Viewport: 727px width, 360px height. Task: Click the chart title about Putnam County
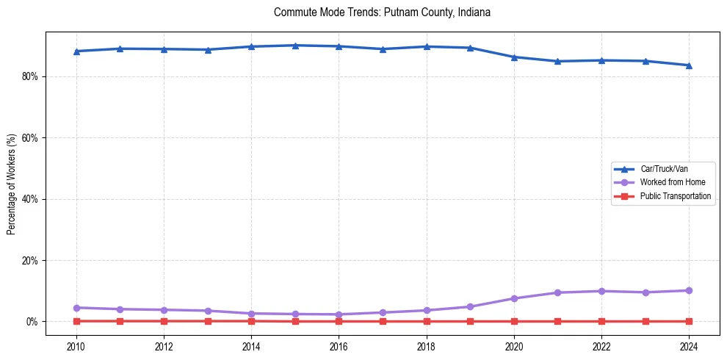[x=382, y=12]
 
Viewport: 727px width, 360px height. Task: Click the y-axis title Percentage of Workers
[x=11, y=184]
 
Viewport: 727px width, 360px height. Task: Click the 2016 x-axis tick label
[x=339, y=346]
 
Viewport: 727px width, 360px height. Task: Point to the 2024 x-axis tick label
[x=689, y=346]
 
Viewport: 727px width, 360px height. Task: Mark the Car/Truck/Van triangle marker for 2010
[x=76, y=51]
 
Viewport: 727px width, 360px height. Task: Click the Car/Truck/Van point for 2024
[x=689, y=65]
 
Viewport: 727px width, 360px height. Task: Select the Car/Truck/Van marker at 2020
[x=514, y=57]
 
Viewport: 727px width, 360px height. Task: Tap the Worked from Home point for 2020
[x=514, y=298]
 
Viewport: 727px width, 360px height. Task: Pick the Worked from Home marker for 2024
[x=689, y=290]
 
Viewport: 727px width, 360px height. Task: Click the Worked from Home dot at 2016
[x=339, y=314]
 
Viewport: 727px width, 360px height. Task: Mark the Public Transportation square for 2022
[x=601, y=321]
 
